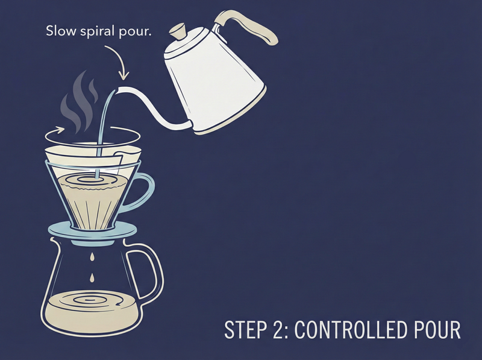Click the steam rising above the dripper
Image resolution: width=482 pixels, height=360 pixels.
[80, 101]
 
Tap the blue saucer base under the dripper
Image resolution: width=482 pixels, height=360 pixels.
[92, 231]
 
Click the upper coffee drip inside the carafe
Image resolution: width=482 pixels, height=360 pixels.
[92, 257]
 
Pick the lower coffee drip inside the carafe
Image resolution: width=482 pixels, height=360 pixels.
[92, 278]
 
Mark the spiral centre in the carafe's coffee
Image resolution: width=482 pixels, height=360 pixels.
[89, 299]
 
